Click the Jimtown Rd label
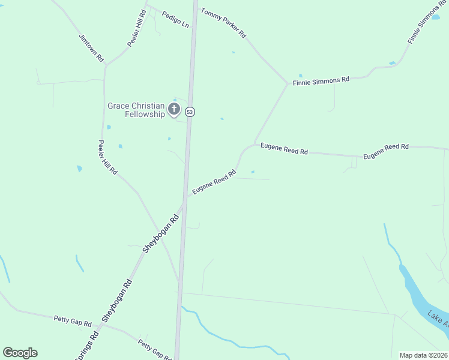coord(91,48)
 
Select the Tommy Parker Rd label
coord(223,23)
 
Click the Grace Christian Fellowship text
coord(136,110)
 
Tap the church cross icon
coord(174,109)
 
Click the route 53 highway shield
coord(190,112)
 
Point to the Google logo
coord(20,353)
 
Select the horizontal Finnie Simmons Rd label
coord(321,80)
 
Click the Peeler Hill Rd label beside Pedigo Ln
coord(136,29)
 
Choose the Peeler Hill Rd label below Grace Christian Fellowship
coord(108,158)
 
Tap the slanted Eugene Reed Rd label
coord(214,182)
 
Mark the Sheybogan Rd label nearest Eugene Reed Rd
coord(161,233)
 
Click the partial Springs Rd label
coord(87,347)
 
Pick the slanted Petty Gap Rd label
coord(154,349)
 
